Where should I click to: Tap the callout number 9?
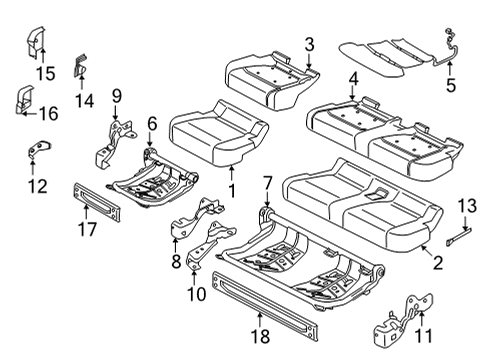(117, 97)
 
